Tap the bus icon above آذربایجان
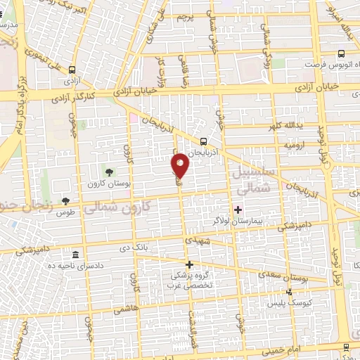pos(203,140)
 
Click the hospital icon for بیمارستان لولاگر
pos(238,209)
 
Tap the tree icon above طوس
pos(66,201)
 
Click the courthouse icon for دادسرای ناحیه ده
pos(75,255)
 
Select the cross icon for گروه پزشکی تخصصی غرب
pos(188,264)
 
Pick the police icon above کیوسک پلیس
pos(288,292)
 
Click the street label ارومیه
pos(274,143)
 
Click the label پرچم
pos(184,15)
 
